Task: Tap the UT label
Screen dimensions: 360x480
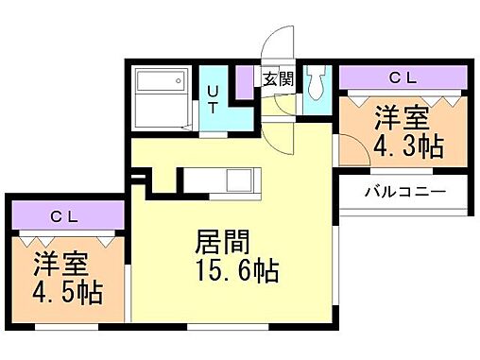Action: pyautogui.click(x=213, y=99)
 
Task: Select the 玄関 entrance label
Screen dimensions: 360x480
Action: pyautogui.click(x=277, y=78)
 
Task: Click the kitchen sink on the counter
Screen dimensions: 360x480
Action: pyautogui.click(x=236, y=179)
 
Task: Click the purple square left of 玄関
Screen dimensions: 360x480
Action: pyautogui.click(x=245, y=79)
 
